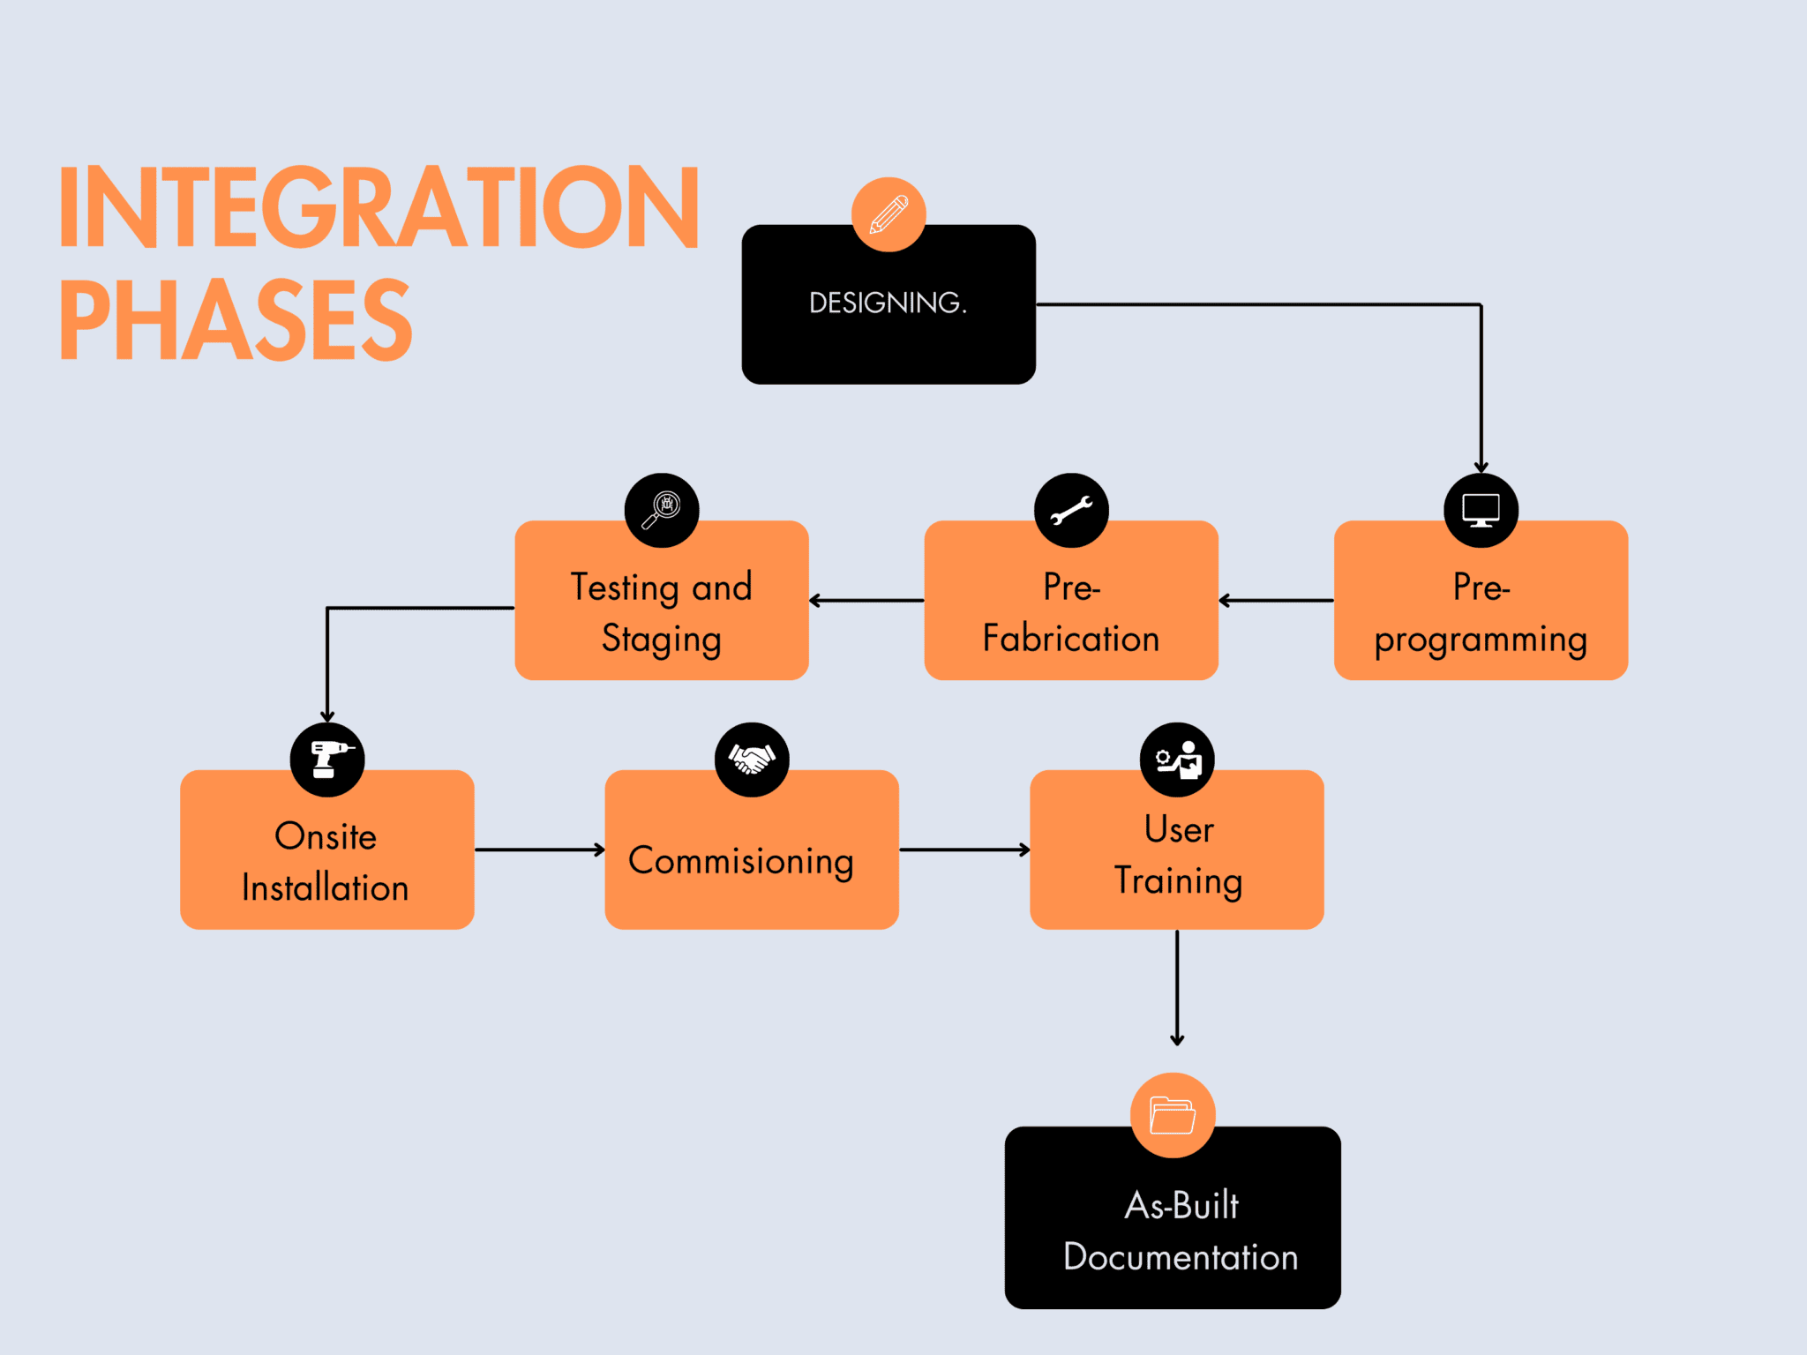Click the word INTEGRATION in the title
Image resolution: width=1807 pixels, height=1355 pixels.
tap(379, 208)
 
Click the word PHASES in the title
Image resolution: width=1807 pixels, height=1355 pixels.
tap(236, 320)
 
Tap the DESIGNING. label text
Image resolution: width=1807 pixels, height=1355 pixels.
tap(888, 303)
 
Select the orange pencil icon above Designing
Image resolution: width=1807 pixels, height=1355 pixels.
tap(889, 214)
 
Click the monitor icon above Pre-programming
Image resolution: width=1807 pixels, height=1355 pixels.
tap(1481, 510)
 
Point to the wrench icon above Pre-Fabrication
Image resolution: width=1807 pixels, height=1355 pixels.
tap(1071, 510)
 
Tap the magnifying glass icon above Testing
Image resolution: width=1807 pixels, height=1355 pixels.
tap(662, 510)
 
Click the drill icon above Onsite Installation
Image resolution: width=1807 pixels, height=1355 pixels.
tap(327, 760)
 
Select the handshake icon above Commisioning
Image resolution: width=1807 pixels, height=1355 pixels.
tap(752, 760)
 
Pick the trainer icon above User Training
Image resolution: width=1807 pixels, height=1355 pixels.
tap(1178, 760)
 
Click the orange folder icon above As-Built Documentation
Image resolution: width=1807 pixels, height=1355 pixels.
tap(1173, 1115)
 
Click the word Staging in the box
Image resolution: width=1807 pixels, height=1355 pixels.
tap(662, 640)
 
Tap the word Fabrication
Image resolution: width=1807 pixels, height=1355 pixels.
tap(1071, 639)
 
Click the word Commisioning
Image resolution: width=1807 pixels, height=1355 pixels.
tap(741, 862)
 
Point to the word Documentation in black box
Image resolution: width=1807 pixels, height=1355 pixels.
tap(1181, 1257)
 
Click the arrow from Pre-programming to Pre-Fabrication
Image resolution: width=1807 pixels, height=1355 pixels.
tap(1276, 601)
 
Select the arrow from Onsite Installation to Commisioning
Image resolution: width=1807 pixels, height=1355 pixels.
tap(539, 850)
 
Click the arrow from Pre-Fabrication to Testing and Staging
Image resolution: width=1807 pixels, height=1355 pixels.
tap(866, 601)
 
